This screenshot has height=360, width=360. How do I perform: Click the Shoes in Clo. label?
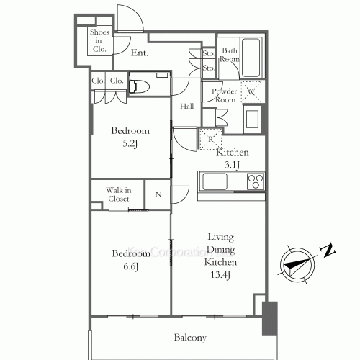click(99, 42)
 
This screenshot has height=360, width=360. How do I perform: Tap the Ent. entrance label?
click(140, 53)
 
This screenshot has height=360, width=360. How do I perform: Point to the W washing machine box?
click(250, 91)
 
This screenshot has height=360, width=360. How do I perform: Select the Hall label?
click(186, 107)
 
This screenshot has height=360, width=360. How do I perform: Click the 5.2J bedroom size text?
click(130, 143)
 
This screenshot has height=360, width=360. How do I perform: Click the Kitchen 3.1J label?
click(233, 158)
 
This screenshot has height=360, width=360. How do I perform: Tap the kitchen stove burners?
click(256, 181)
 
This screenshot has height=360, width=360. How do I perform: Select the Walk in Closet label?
click(117, 194)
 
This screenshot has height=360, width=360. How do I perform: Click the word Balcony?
click(190, 337)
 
